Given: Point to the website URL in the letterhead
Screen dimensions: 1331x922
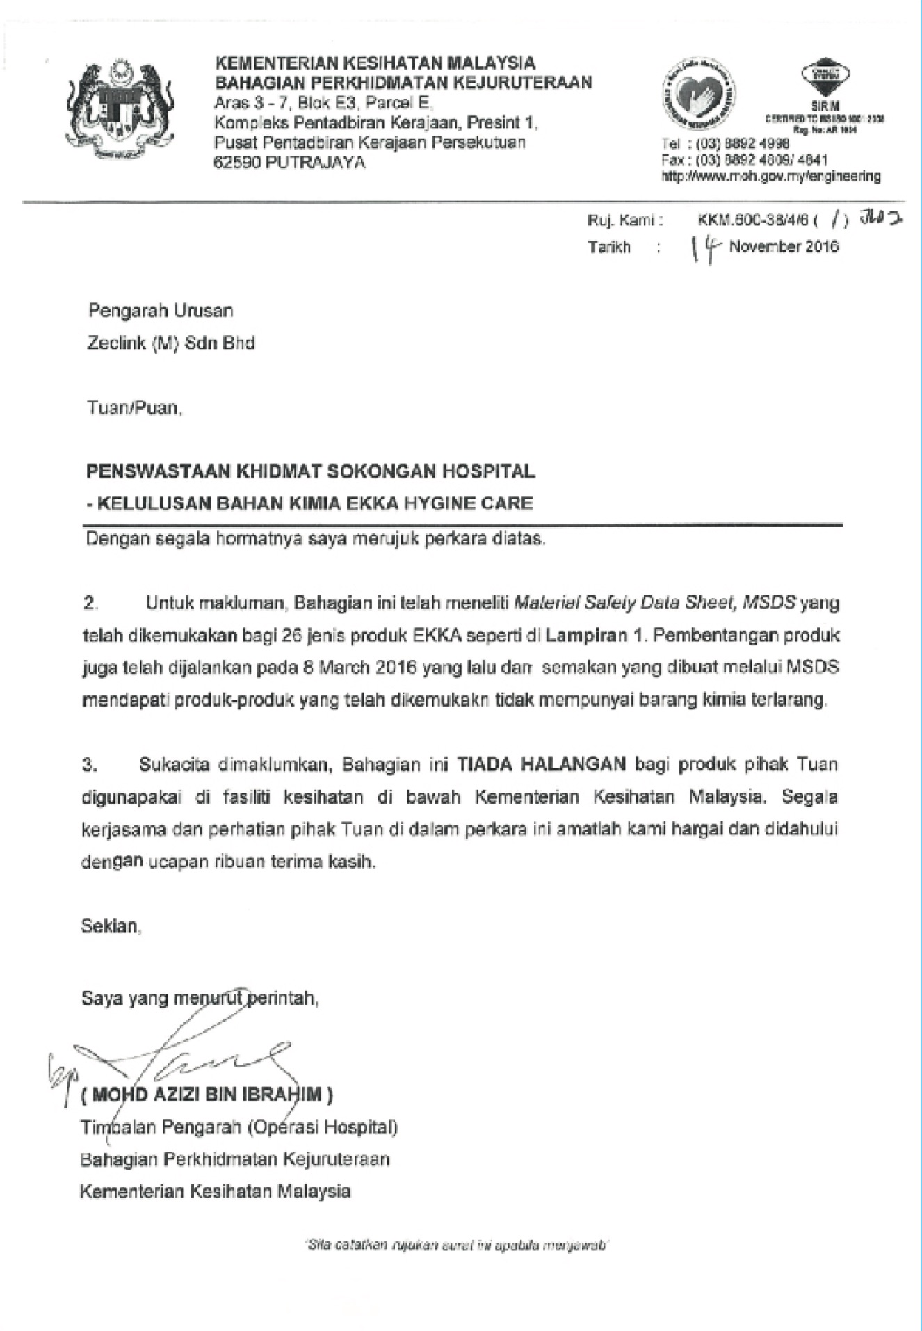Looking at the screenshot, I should tap(770, 176).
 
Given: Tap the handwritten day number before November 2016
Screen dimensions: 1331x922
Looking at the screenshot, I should tap(706, 248).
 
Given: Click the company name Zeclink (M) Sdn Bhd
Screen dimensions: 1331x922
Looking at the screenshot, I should tap(171, 343).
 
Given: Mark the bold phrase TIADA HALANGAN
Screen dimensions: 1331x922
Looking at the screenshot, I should tap(542, 764).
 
